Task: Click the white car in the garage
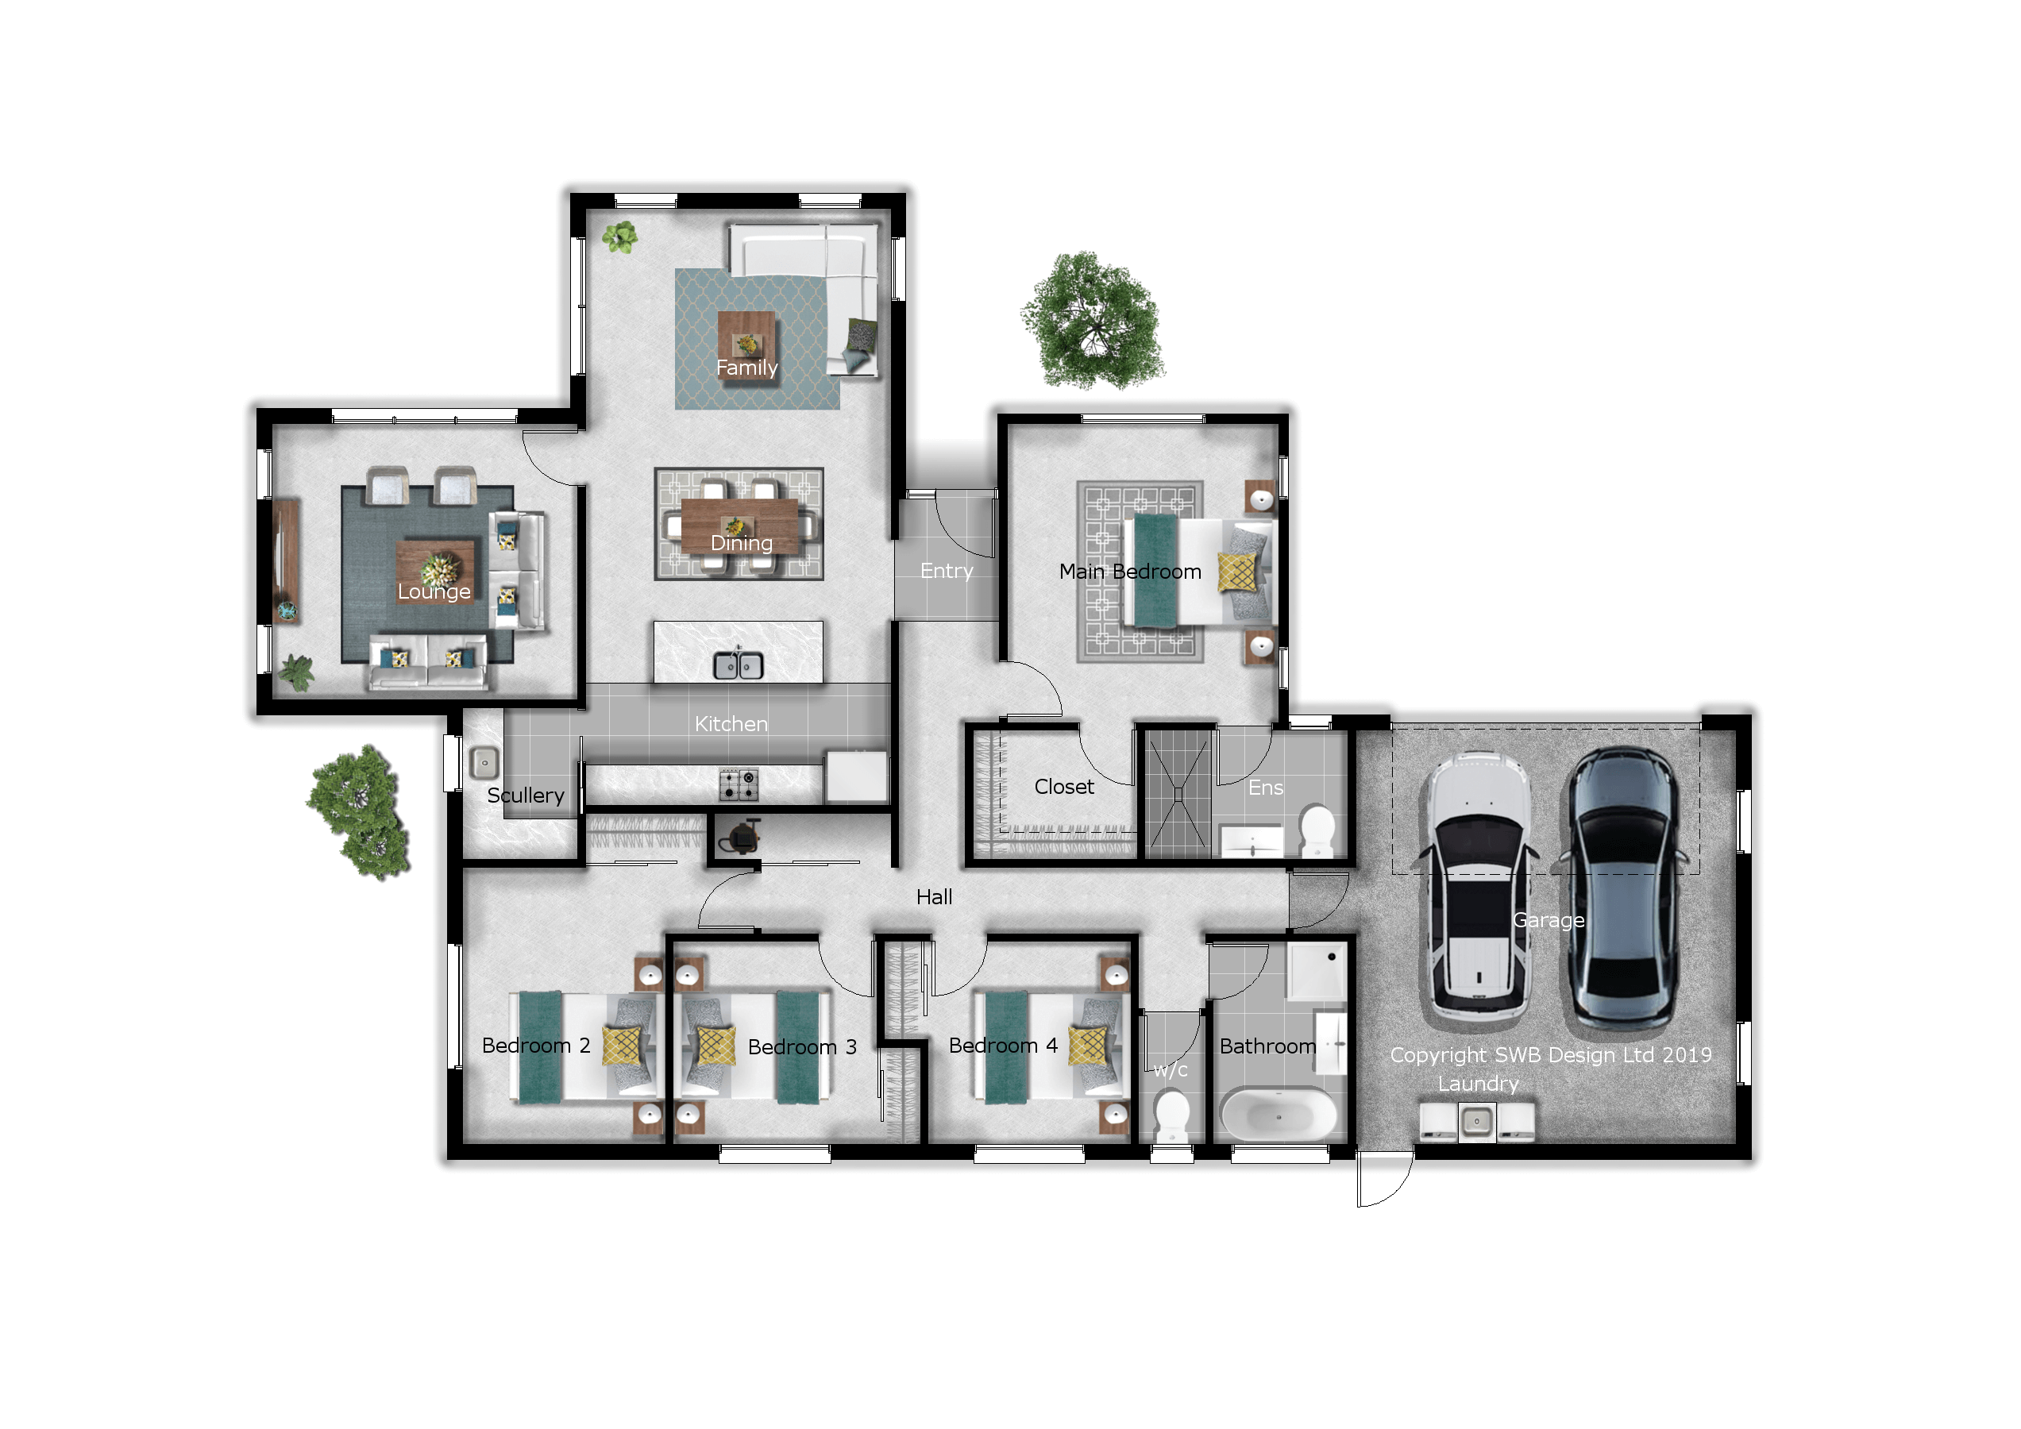click(x=1478, y=891)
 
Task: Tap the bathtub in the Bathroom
click(x=1278, y=1114)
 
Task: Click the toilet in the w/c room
click(x=1171, y=1115)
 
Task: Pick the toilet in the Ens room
click(x=1317, y=830)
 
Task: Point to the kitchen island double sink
click(x=738, y=666)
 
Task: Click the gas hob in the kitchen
click(x=739, y=785)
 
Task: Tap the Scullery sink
click(x=484, y=763)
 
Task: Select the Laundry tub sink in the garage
click(x=1476, y=1122)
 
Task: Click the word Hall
click(x=934, y=896)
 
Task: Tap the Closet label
click(x=1063, y=787)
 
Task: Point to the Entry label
click(x=947, y=571)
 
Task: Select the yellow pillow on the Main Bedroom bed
click(x=1237, y=572)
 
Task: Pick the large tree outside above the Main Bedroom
click(x=1093, y=322)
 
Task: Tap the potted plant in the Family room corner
click(x=620, y=237)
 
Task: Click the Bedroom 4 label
click(x=1003, y=1046)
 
